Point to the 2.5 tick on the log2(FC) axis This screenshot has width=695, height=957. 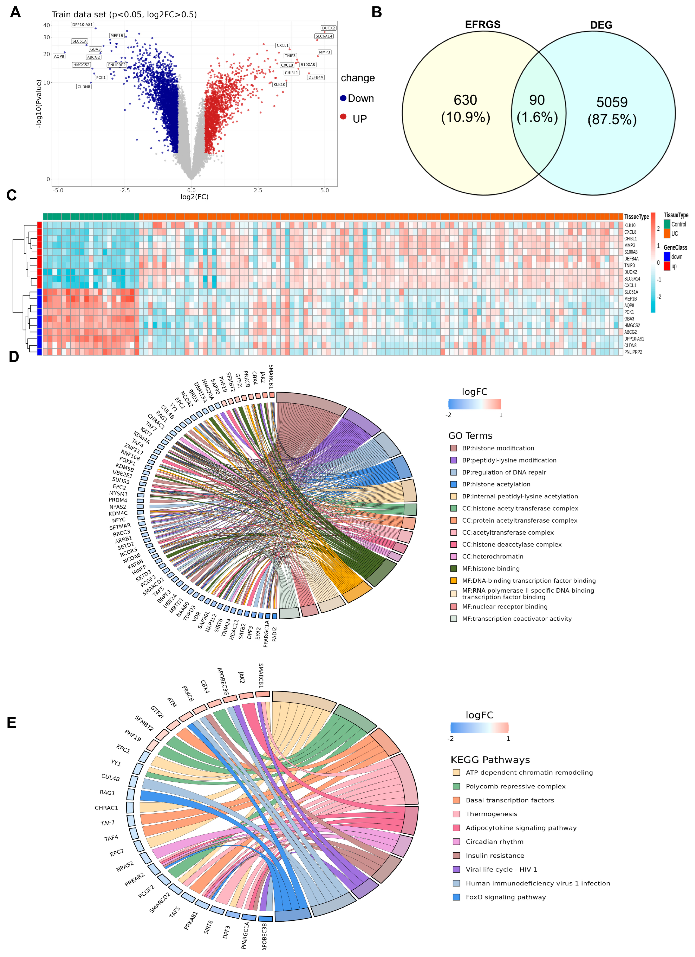click(x=258, y=190)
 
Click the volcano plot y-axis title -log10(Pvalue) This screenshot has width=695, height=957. click(x=39, y=103)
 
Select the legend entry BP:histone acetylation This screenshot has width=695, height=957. click(x=496, y=484)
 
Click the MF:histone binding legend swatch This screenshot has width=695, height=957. click(x=454, y=568)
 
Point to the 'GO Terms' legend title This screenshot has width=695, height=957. click(x=470, y=436)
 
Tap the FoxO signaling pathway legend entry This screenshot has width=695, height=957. click(x=506, y=897)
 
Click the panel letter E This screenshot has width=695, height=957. click(x=12, y=723)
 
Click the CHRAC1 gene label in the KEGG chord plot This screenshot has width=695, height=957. click(x=106, y=808)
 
